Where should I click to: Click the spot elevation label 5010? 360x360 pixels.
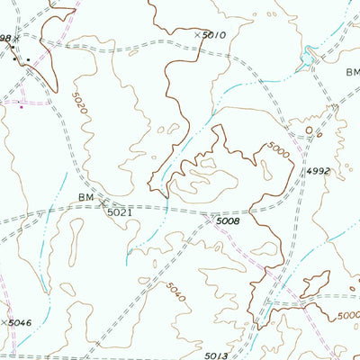click(x=214, y=35)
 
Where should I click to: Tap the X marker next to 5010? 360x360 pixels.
click(x=197, y=34)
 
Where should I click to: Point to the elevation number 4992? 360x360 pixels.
click(x=318, y=171)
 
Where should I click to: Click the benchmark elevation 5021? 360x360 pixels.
click(x=119, y=212)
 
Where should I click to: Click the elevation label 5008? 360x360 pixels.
click(x=227, y=220)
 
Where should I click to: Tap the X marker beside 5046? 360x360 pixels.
click(x=4, y=321)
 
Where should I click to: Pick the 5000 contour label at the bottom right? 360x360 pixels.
click(x=346, y=316)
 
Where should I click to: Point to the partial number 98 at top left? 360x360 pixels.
click(x=5, y=39)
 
